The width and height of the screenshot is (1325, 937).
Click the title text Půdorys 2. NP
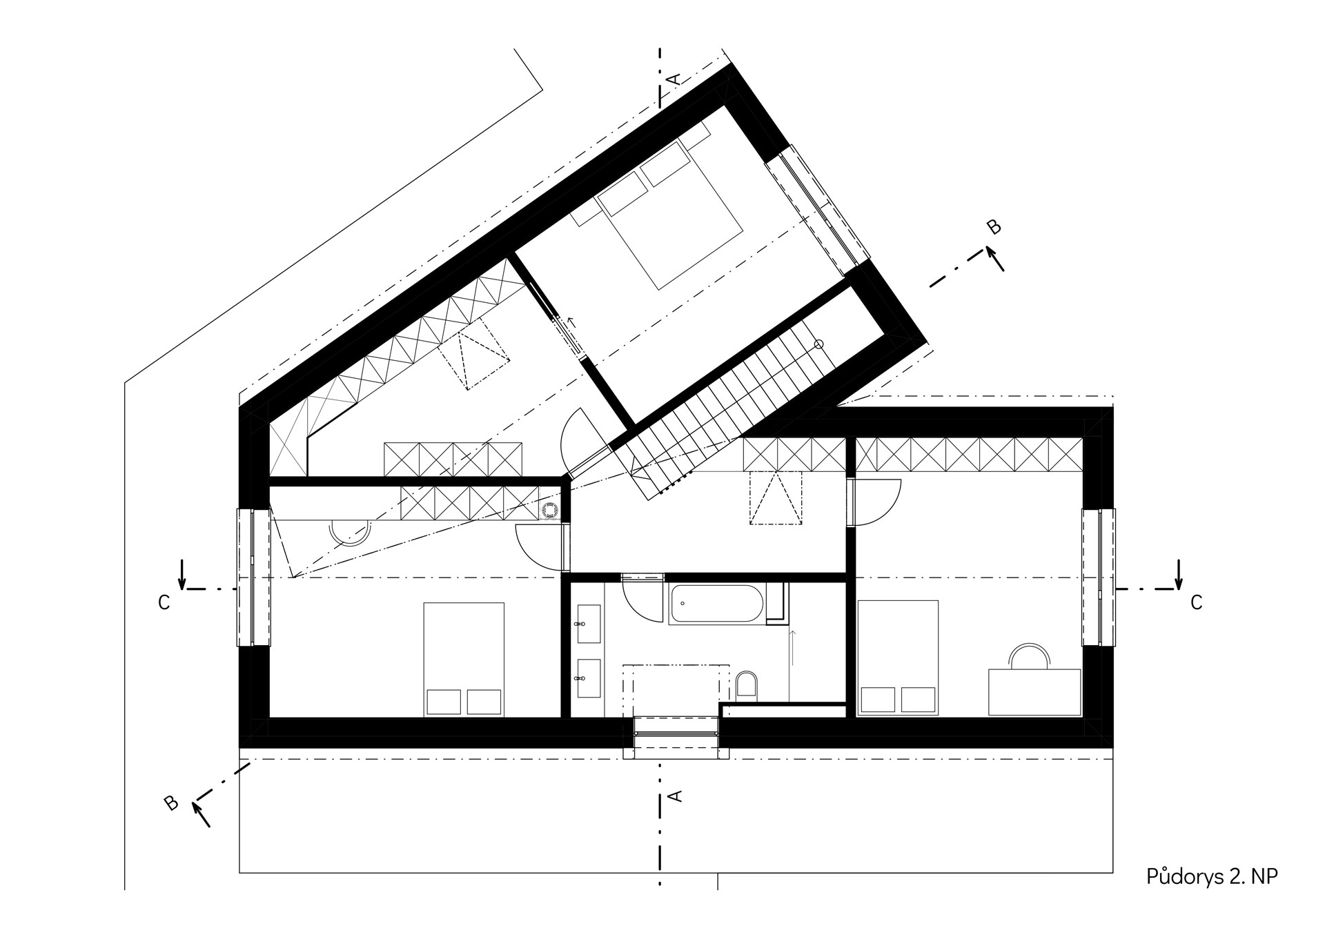pyautogui.click(x=1212, y=877)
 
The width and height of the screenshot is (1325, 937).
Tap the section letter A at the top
pyautogui.click(x=674, y=79)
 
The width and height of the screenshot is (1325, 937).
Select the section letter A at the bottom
pyautogui.click(x=676, y=796)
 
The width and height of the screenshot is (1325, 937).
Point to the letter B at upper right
pyautogui.click(x=994, y=227)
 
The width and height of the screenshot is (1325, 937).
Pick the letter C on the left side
pyautogui.click(x=164, y=603)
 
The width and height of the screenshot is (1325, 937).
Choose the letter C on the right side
pyautogui.click(x=1196, y=603)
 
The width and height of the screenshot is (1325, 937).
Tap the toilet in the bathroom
pyautogui.click(x=747, y=684)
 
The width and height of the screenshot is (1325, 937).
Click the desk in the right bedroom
pyautogui.click(x=1034, y=691)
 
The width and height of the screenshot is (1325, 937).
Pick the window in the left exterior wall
pyautogui.click(x=253, y=577)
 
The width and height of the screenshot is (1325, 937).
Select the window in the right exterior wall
pyautogui.click(x=1098, y=577)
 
